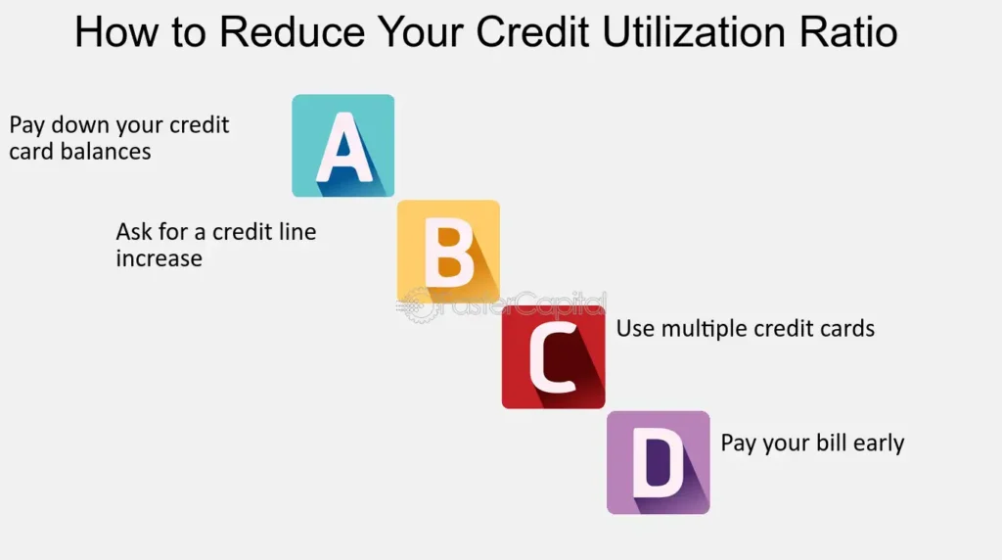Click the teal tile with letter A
[x=343, y=146]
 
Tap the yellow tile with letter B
[x=448, y=252]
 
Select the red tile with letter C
[x=554, y=356]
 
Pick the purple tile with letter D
[x=659, y=462]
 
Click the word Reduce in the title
[x=292, y=32]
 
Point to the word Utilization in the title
[x=694, y=32]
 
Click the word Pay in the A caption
[x=27, y=125]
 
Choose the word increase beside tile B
[x=159, y=258]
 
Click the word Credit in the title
[x=532, y=32]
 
